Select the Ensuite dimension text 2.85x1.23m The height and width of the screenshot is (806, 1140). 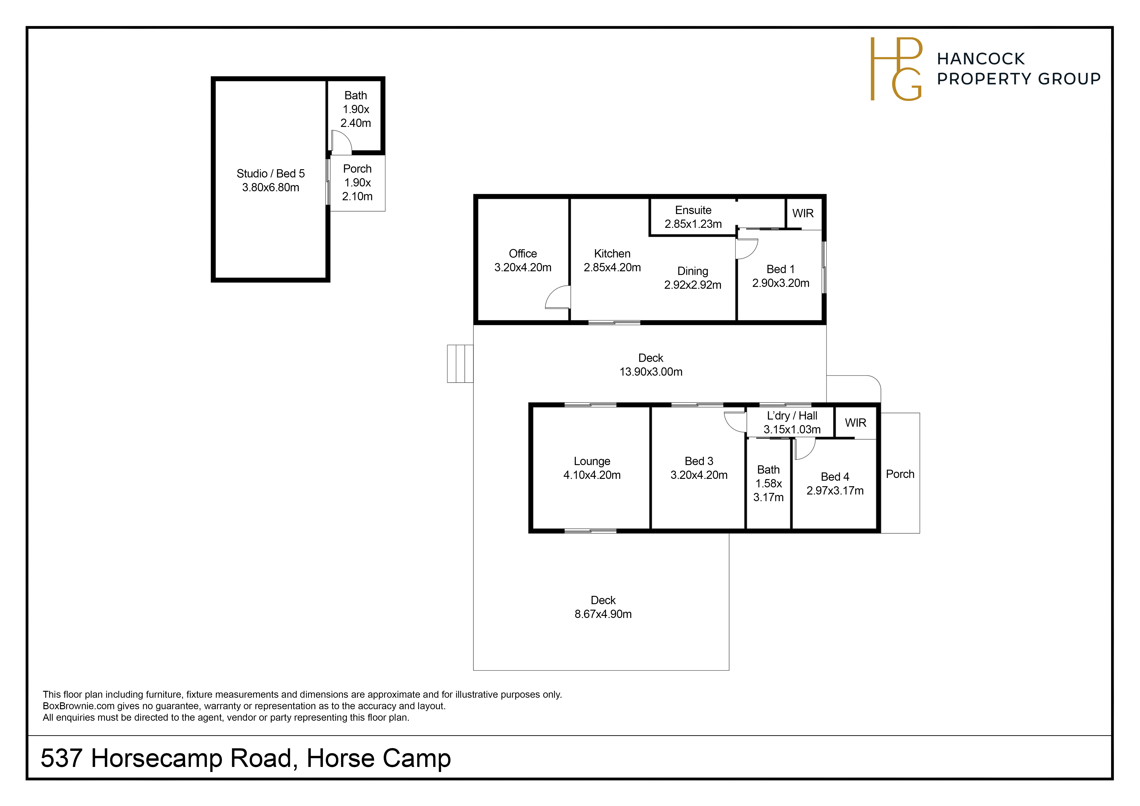click(693, 224)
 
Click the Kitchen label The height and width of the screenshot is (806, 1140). click(612, 254)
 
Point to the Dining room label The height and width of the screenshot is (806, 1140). click(693, 271)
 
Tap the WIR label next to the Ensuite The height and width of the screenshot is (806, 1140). click(803, 213)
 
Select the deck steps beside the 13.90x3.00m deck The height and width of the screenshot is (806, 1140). click(460, 364)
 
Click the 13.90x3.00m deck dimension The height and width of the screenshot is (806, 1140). click(651, 372)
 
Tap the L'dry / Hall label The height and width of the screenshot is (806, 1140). click(792, 416)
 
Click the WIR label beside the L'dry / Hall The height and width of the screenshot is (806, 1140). click(856, 423)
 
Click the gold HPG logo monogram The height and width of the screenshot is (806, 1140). click(896, 69)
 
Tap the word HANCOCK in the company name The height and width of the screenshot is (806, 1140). click(981, 59)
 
